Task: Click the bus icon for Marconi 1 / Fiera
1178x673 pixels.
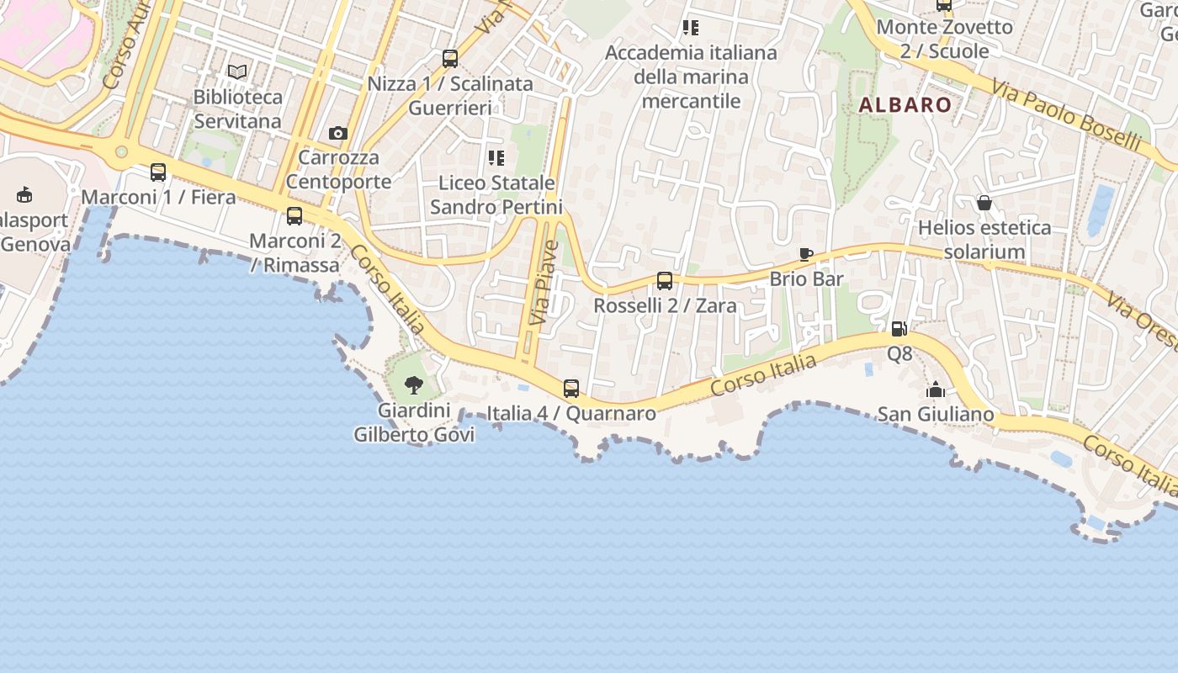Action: point(158,172)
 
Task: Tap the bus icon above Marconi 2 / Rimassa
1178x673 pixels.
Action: point(294,216)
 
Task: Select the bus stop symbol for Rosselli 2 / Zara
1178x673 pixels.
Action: point(665,281)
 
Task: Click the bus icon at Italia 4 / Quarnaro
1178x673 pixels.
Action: point(571,389)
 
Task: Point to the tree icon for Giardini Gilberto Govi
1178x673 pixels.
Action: point(413,385)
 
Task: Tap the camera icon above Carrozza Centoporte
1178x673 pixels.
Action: point(338,133)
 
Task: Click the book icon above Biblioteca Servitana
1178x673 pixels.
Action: point(238,72)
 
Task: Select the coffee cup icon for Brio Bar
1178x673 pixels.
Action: point(806,254)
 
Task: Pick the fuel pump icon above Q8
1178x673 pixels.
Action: point(899,329)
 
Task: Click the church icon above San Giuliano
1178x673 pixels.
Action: point(936,389)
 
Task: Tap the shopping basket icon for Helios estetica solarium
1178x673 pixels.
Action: point(984,203)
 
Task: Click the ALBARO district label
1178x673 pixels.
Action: point(905,105)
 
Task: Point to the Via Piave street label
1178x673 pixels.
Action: point(544,283)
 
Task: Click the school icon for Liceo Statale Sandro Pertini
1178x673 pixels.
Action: point(496,157)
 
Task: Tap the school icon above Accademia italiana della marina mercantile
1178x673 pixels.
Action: point(691,28)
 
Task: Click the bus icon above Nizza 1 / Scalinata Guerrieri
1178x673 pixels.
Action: point(450,59)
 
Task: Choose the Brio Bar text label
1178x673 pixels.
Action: point(806,278)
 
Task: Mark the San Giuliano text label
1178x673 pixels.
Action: point(936,414)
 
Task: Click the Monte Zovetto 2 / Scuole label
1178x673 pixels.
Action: point(945,39)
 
